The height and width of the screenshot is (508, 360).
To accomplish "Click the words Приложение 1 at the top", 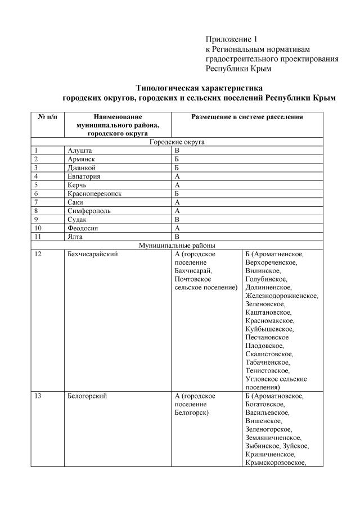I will [x=231, y=39].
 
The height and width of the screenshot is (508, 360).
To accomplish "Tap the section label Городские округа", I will [x=177, y=142].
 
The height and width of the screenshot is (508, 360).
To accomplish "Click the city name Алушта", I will [x=80, y=151].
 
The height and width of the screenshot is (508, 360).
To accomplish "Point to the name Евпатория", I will [x=84, y=176].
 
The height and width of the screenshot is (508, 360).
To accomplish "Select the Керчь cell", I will [x=78, y=184].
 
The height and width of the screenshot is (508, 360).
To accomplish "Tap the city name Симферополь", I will [x=89, y=210].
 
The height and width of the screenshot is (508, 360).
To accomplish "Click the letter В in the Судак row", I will [x=177, y=219].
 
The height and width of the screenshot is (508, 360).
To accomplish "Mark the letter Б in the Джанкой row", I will [x=177, y=167].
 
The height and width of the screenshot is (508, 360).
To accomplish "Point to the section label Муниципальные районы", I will [x=177, y=245].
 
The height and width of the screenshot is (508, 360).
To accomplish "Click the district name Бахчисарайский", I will [x=92, y=254].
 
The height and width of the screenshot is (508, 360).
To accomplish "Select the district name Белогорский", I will [x=87, y=396].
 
